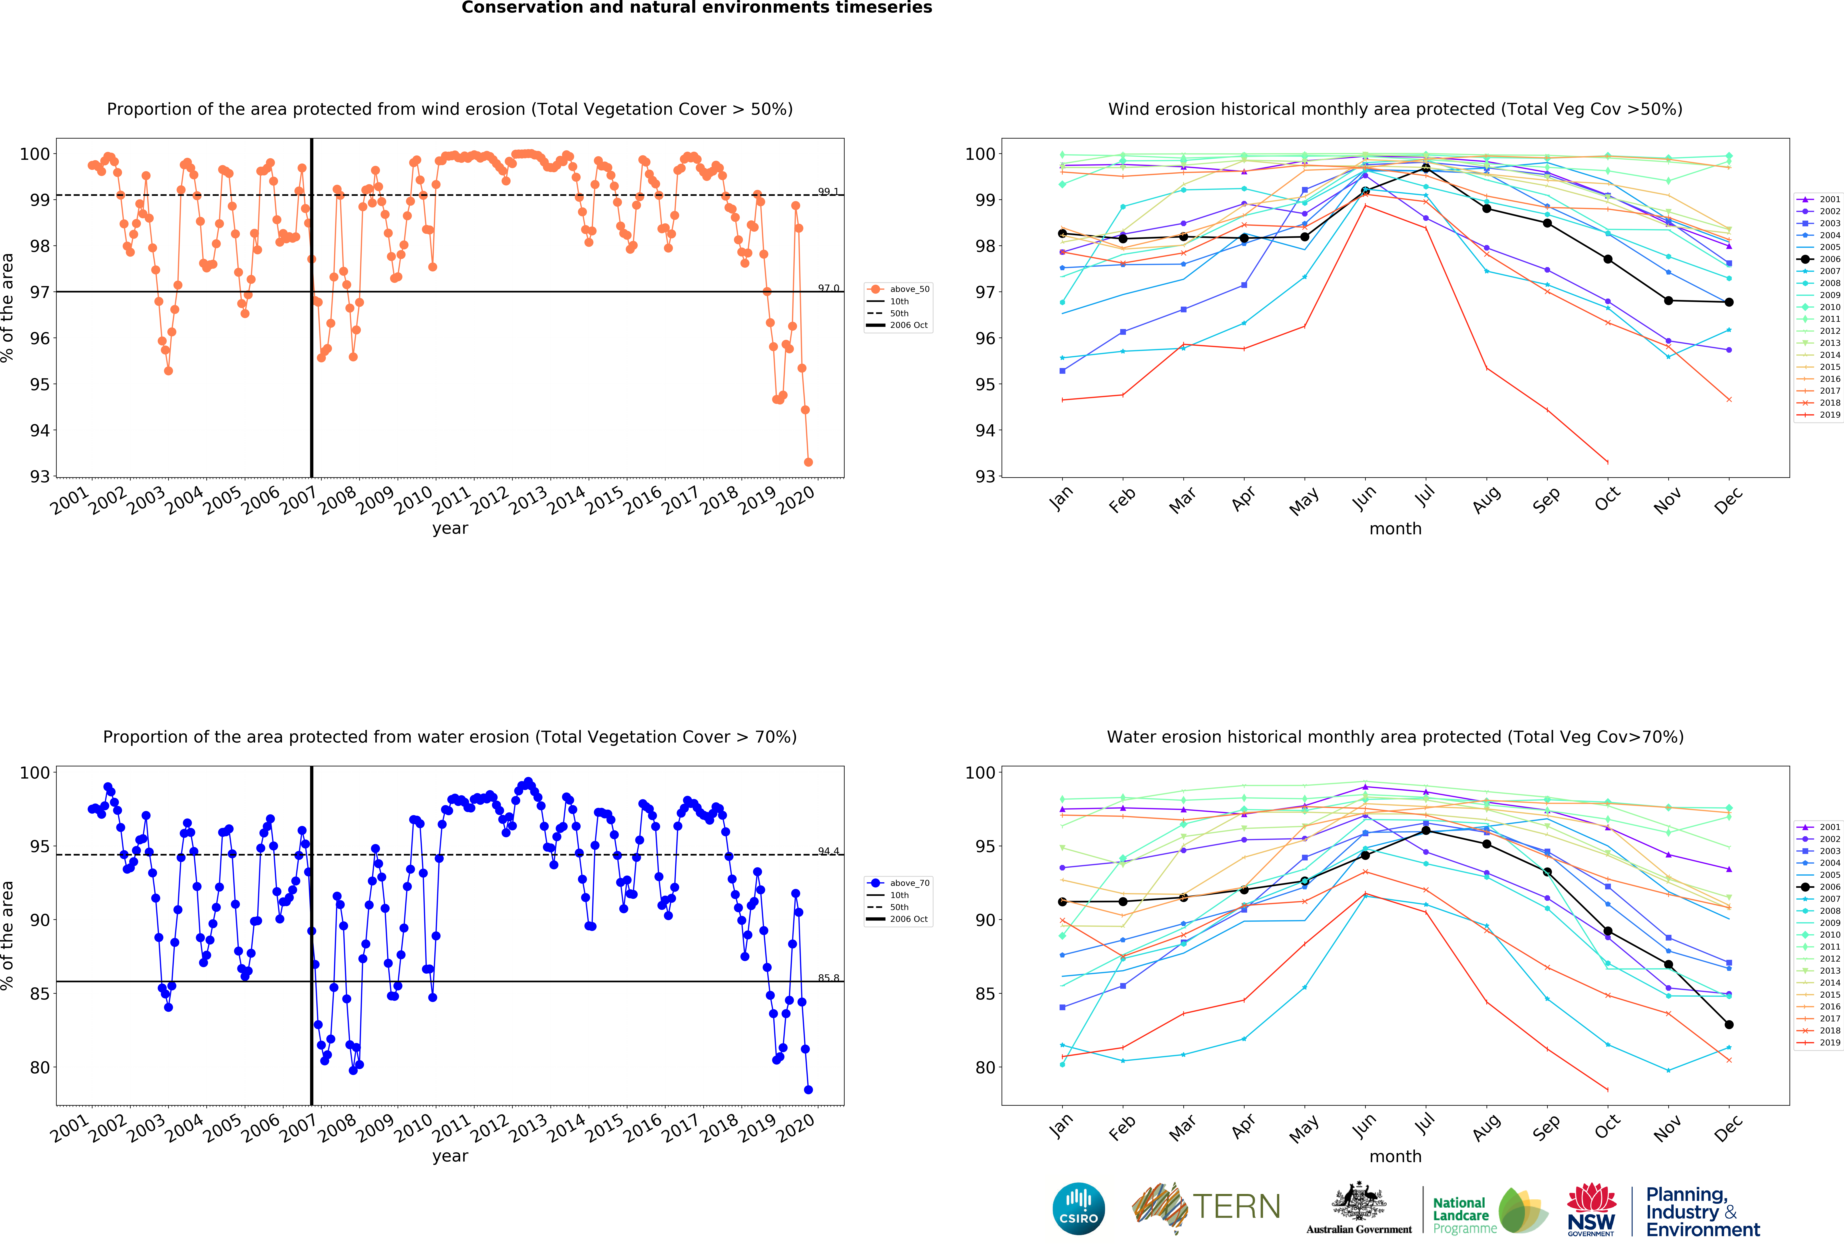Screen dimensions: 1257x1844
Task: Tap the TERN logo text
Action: point(1236,1207)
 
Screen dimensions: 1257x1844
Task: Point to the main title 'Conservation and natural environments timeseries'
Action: point(697,8)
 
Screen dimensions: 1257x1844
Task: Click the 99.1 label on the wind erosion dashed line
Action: point(828,191)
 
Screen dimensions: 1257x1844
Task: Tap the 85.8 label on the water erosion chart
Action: point(828,978)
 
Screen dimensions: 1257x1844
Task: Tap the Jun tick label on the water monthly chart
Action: point(1363,1127)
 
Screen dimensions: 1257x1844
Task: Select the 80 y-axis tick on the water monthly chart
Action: point(985,1067)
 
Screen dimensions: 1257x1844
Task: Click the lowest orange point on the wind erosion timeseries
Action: point(808,462)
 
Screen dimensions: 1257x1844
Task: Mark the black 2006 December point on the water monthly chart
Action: point(1729,1025)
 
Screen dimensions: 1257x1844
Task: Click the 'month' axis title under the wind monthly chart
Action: point(1395,528)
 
